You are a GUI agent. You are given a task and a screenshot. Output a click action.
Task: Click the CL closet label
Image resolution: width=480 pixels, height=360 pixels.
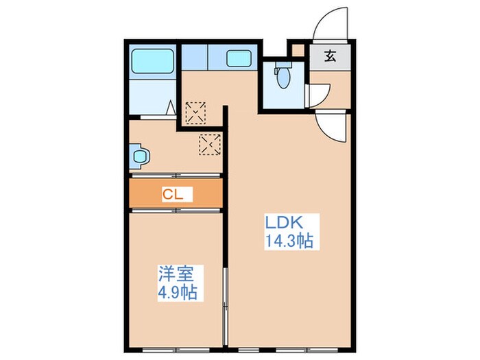pos(172,194)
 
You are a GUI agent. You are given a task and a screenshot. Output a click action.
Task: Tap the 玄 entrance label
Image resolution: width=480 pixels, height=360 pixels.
pos(330,57)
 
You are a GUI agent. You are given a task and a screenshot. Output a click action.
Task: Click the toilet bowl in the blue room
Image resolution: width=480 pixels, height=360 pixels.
pos(282,77)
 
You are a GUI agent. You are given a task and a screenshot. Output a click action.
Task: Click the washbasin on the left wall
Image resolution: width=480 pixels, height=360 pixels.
pos(139,156)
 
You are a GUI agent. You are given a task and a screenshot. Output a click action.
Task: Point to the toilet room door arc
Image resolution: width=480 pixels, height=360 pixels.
pos(315,96)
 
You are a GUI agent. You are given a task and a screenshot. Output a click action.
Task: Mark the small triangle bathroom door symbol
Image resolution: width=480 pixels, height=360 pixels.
pos(169,107)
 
